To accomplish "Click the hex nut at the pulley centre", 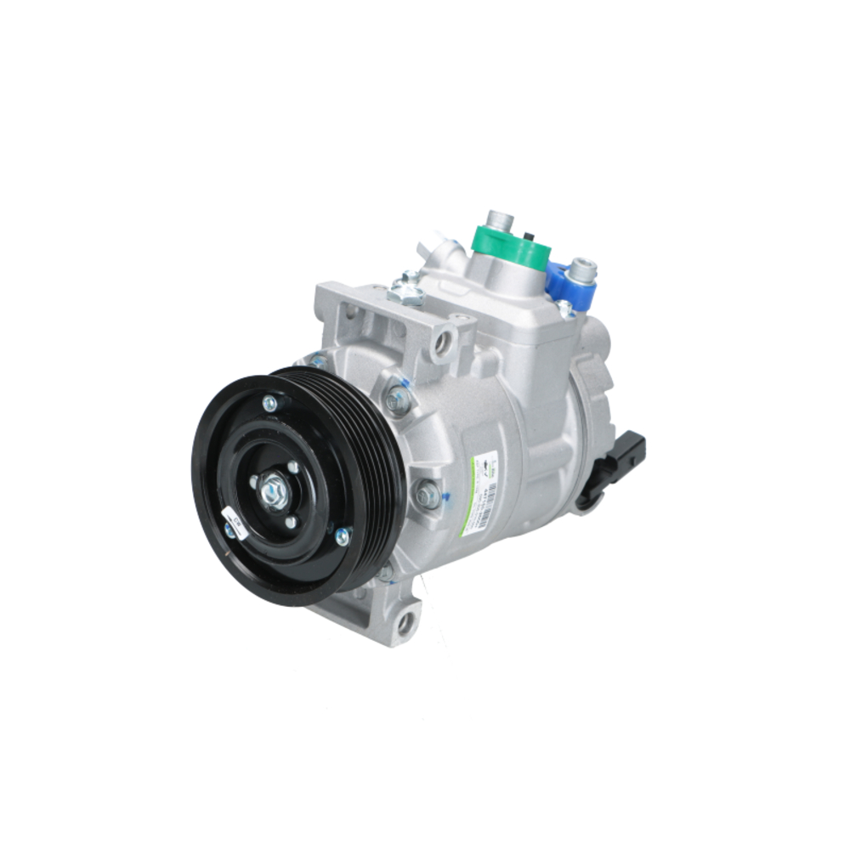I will (274, 492).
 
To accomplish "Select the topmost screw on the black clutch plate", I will (269, 403).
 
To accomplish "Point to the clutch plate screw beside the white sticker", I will (229, 532).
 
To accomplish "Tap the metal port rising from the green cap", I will (500, 220).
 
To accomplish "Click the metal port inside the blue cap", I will (583, 271).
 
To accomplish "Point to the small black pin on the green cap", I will (530, 235).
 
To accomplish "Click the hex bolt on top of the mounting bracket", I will (409, 291).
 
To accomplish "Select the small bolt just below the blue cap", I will (564, 309).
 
